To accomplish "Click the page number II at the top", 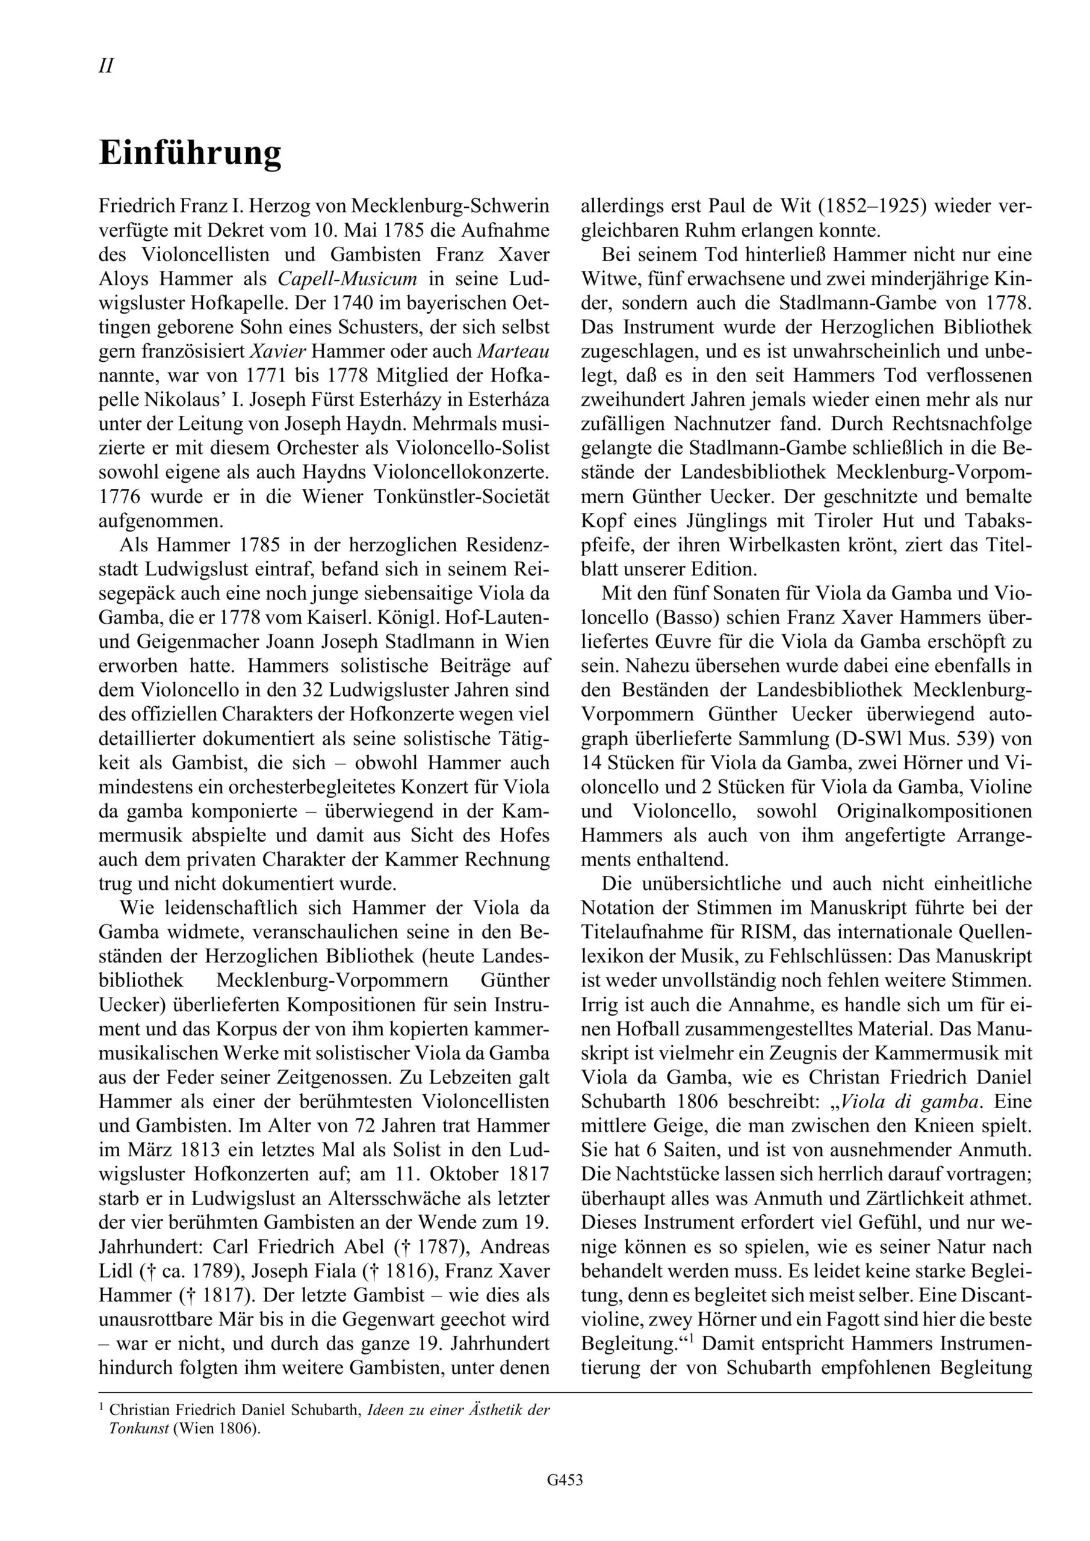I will pyautogui.click(x=106, y=66).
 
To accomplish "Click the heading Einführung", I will pyautogui.click(x=190, y=153).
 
